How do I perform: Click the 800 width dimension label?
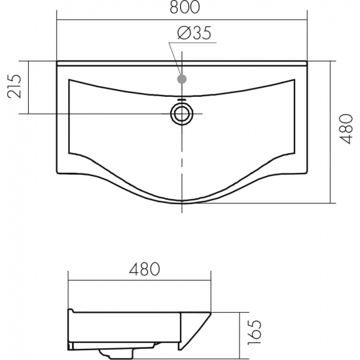[x=185, y=7]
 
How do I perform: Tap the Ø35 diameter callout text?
[x=194, y=33]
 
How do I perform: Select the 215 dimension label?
[x=14, y=86]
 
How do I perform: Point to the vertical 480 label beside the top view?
[x=346, y=129]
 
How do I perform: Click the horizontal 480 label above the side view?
[x=145, y=269]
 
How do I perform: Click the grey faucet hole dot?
[x=182, y=79]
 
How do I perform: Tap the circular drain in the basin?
[x=182, y=114]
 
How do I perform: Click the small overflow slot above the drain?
[x=182, y=99]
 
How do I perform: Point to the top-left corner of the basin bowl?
[x=69, y=79]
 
